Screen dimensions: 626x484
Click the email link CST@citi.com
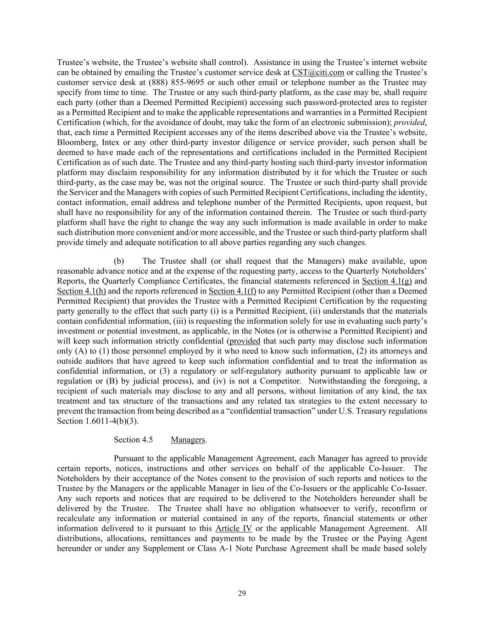(318, 72)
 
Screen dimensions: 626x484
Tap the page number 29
(242, 593)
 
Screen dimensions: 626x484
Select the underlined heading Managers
(188, 440)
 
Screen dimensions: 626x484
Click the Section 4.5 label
(133, 440)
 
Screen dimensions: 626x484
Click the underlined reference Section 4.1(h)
(81, 291)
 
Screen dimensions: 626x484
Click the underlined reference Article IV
(234, 528)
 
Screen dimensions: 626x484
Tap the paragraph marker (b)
(119, 261)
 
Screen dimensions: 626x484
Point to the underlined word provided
(245, 341)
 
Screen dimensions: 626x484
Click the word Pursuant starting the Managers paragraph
(130, 459)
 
